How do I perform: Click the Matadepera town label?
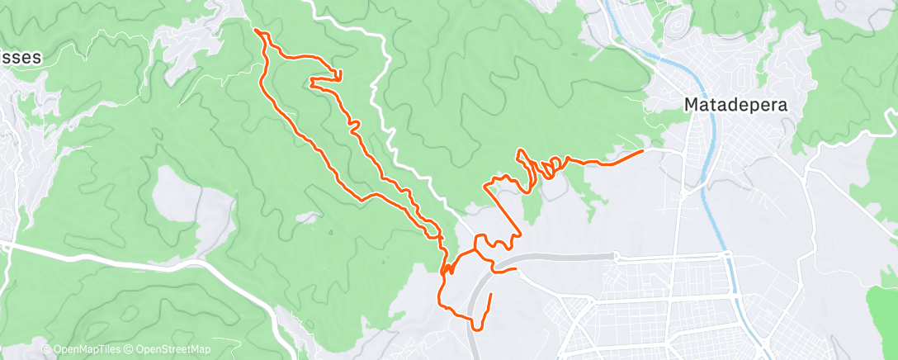coord(735,105)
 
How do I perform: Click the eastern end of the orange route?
coord(643,151)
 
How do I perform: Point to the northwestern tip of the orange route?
coord(257,31)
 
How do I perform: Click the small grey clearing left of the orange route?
coord(309,217)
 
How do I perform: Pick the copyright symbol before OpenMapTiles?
coord(47,350)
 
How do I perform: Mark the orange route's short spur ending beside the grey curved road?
coord(516,268)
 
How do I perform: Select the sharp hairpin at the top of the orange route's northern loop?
coord(340,73)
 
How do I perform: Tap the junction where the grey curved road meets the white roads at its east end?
coord(615,256)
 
